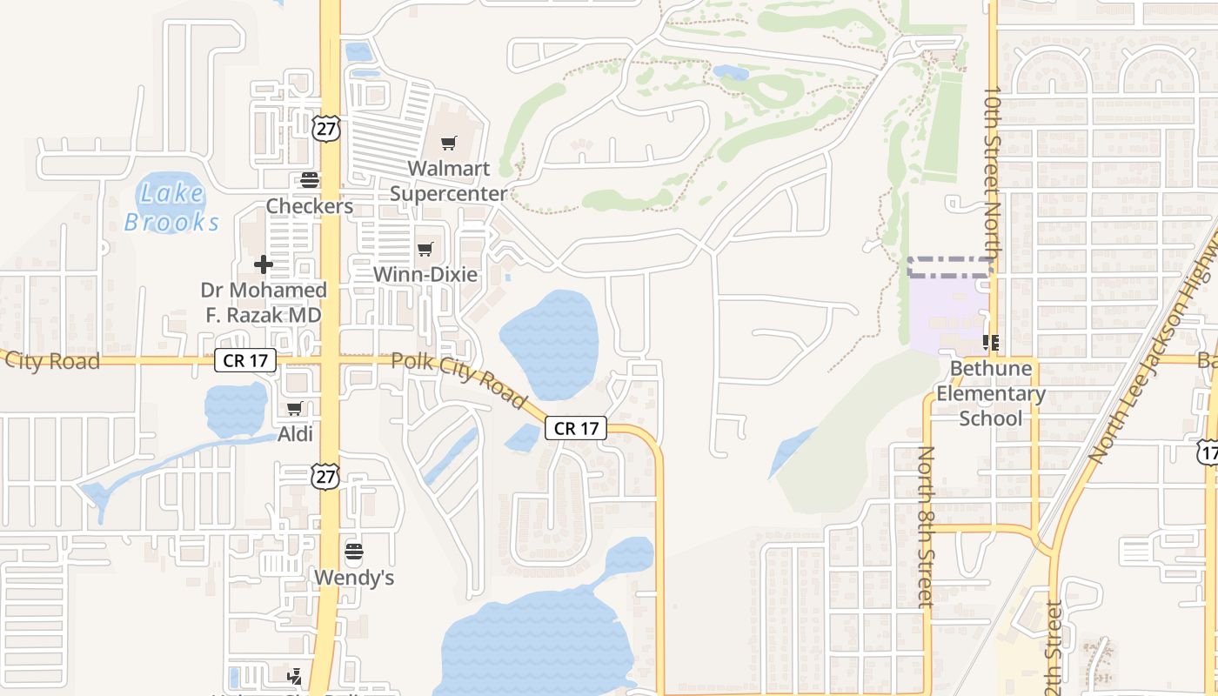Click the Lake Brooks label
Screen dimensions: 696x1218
coord(171,207)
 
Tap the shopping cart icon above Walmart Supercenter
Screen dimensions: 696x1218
coord(448,143)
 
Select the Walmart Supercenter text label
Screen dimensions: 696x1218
coord(448,181)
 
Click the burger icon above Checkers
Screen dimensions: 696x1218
coord(310,180)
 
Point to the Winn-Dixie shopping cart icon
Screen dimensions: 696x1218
coord(425,250)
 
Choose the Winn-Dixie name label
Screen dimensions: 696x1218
coord(425,274)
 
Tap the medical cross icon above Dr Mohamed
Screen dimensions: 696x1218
coord(263,264)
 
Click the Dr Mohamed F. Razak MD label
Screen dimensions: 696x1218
coord(263,302)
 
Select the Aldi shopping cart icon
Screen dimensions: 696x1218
coord(295,408)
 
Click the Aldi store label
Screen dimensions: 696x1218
coord(295,433)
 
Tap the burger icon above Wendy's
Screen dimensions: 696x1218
coord(353,551)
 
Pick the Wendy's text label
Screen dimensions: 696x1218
coord(353,577)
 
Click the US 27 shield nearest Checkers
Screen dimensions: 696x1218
coord(325,128)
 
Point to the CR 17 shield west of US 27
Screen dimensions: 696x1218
coord(245,360)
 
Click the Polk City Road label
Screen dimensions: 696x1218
coord(458,380)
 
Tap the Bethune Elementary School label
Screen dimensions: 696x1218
coord(990,393)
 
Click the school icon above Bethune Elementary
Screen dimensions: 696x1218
coord(990,343)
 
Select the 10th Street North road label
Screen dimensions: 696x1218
coord(993,170)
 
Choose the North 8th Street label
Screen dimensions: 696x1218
coord(926,525)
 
